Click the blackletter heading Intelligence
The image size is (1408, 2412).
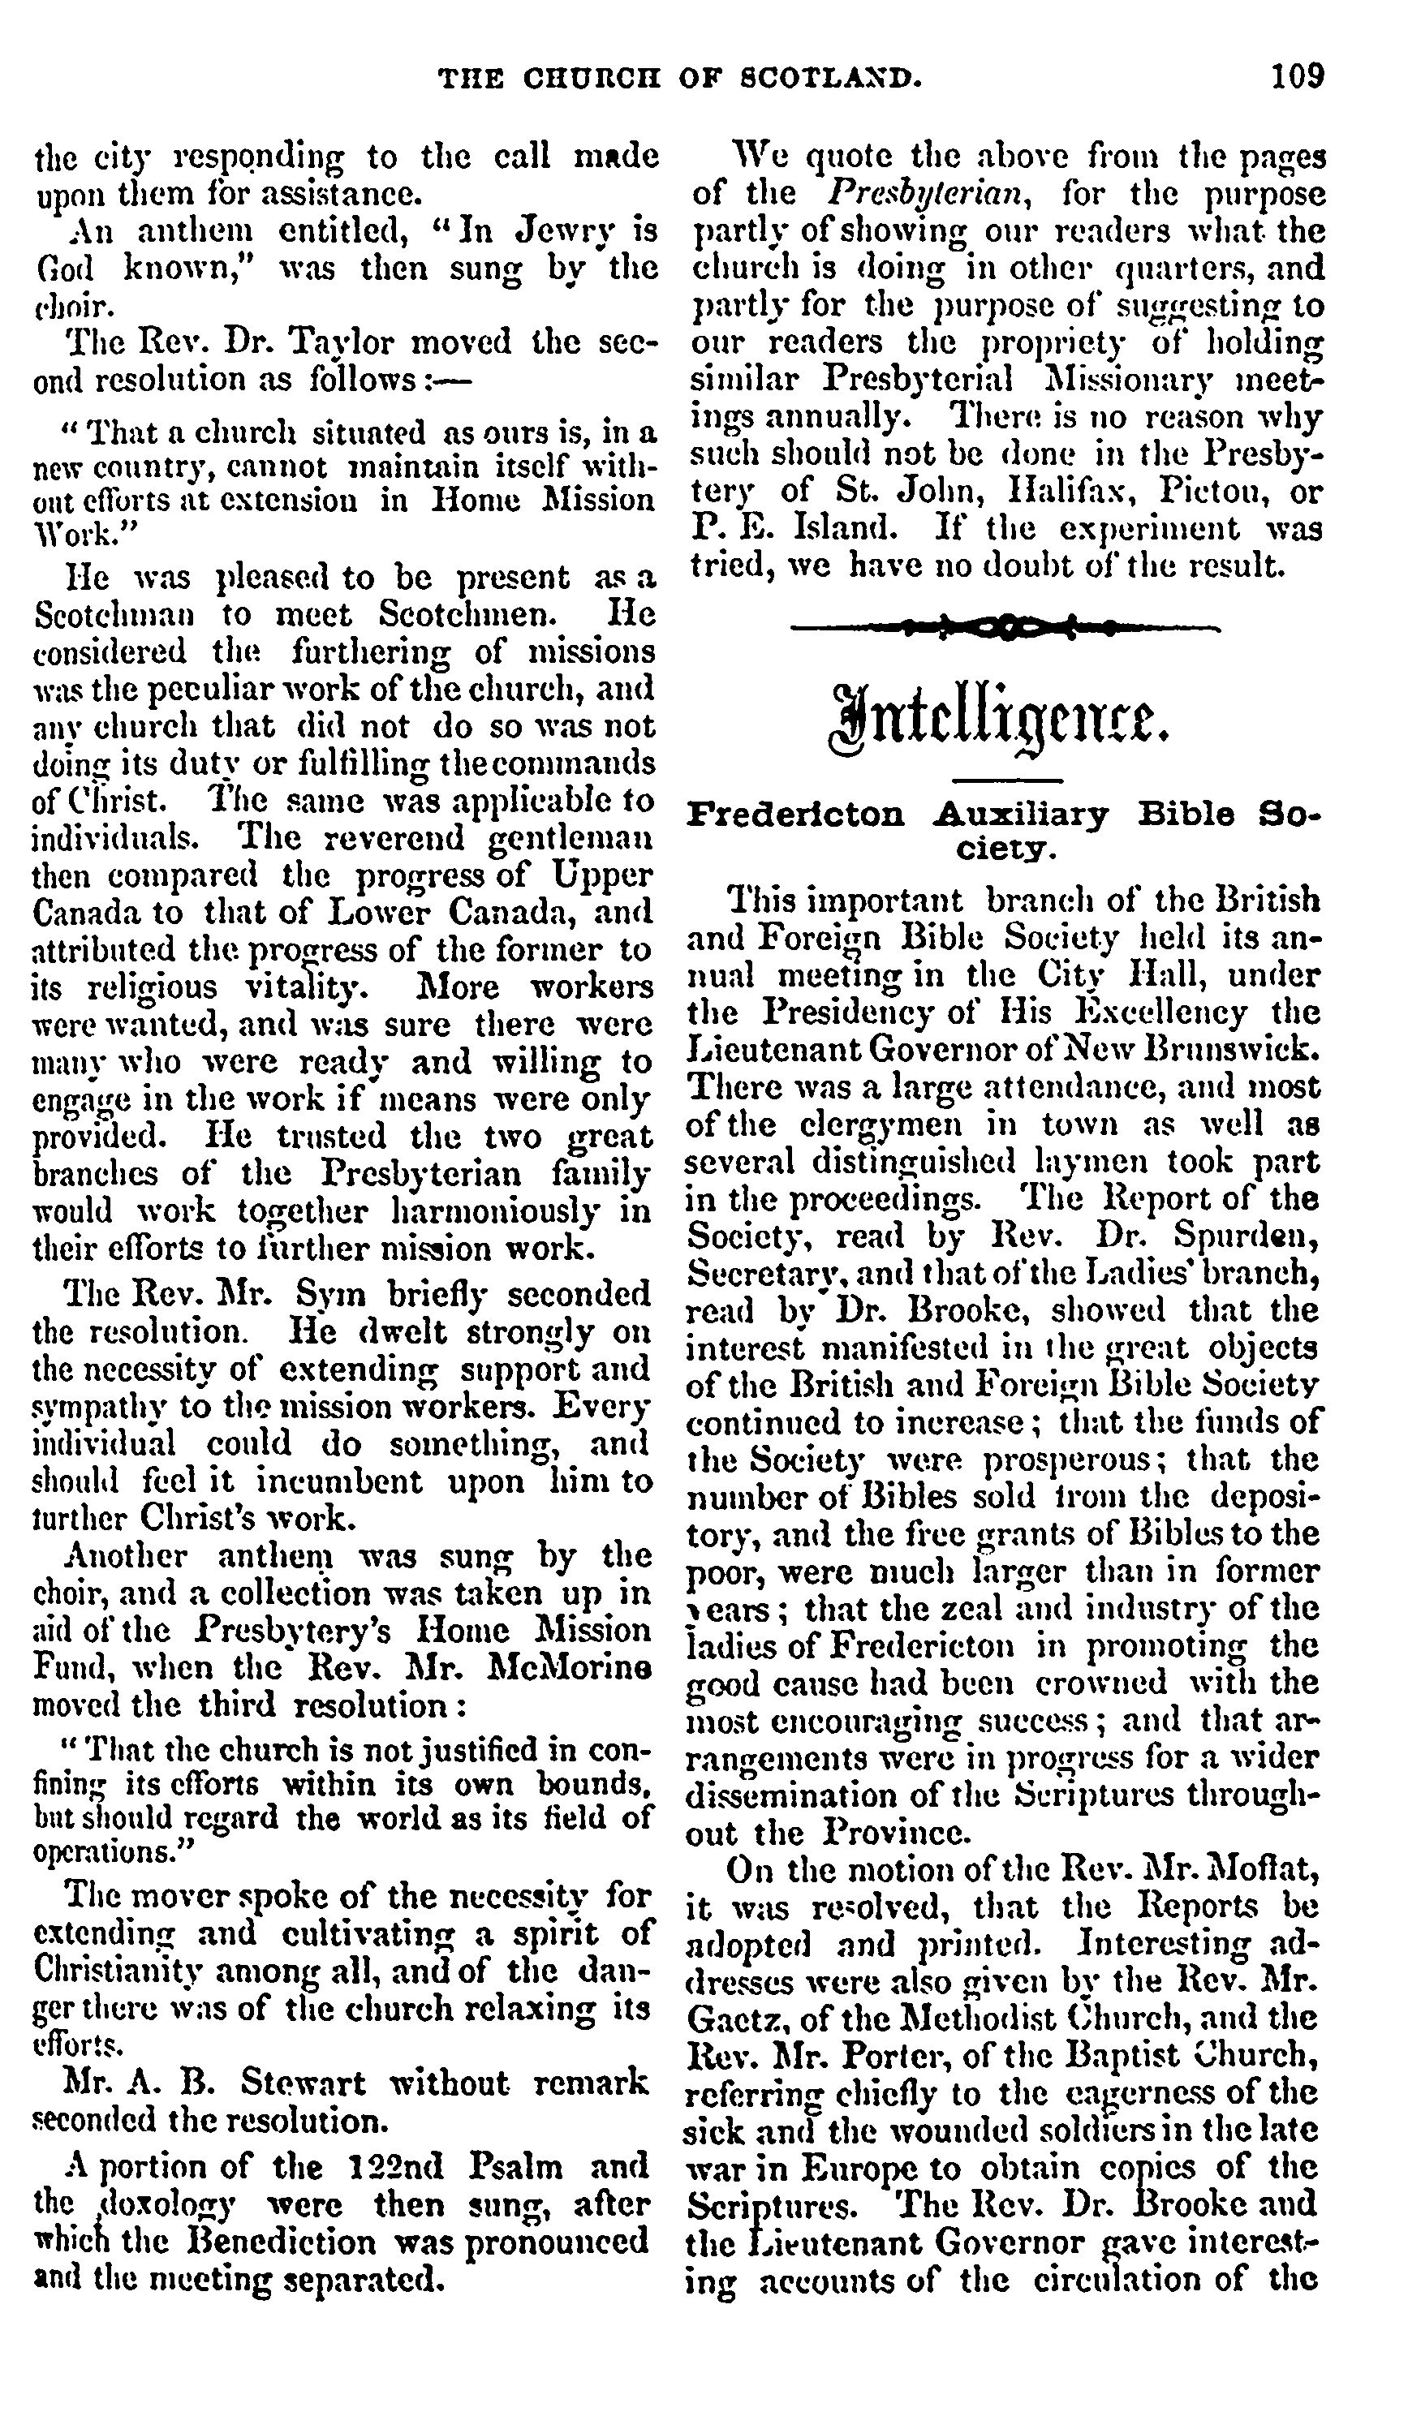(x=1001, y=718)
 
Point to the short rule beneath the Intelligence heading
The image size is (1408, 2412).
(x=1007, y=781)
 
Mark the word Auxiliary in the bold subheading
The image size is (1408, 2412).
(x=1020, y=815)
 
